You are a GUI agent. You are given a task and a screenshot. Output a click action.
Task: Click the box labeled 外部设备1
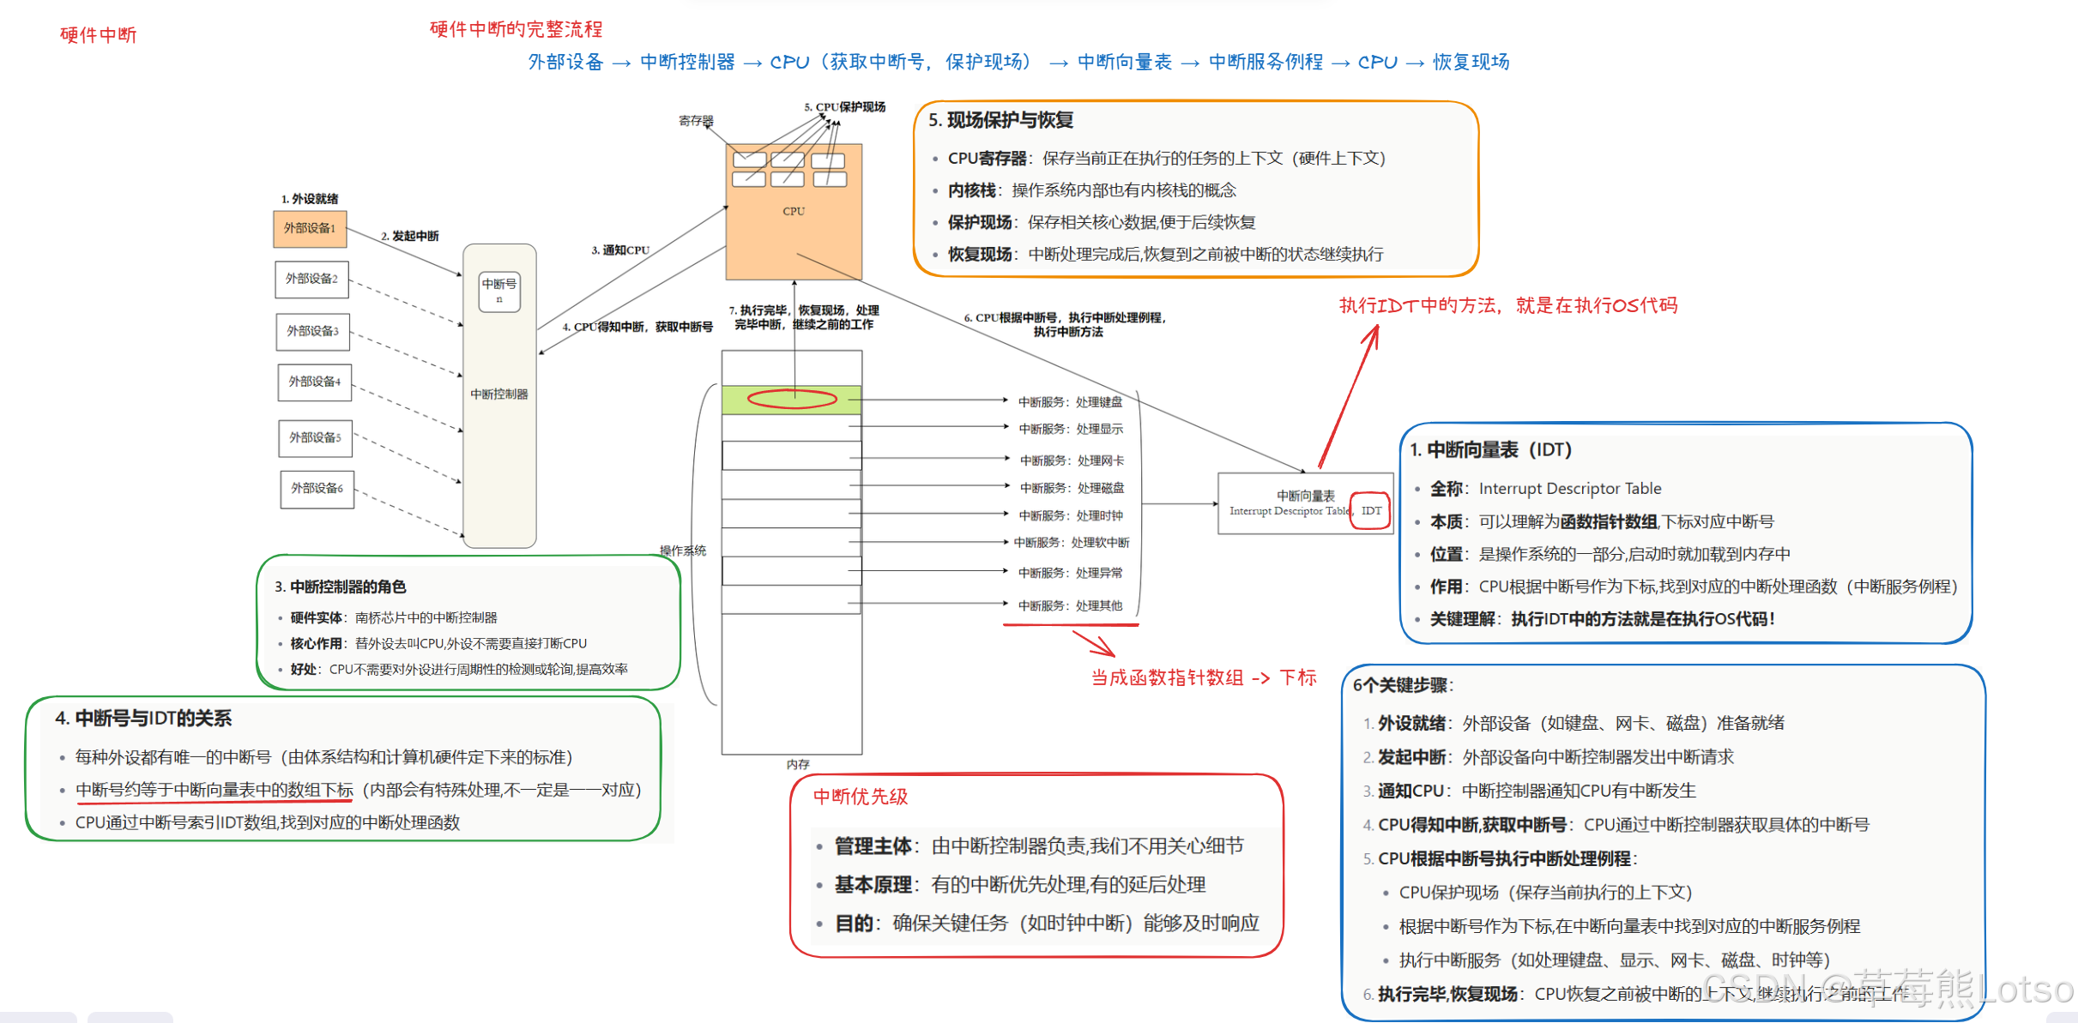[310, 228]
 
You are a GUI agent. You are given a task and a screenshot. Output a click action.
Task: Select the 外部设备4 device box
[314, 382]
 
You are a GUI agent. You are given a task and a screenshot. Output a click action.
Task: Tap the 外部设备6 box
[317, 488]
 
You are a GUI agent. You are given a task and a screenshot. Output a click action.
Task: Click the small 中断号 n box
[499, 291]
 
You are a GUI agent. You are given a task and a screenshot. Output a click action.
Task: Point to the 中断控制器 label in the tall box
[499, 394]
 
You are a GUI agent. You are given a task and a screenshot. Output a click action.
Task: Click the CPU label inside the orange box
[794, 211]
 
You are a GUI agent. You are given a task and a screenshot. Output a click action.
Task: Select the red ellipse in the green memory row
[792, 399]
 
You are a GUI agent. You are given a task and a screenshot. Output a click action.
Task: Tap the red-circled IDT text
[1371, 511]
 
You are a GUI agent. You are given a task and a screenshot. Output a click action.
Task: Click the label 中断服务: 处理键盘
[1070, 402]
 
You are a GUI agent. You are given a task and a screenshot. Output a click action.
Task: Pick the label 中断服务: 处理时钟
[1071, 515]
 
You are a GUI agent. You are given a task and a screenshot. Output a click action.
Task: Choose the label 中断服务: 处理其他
[1070, 605]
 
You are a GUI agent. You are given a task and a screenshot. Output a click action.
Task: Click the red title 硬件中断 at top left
[99, 35]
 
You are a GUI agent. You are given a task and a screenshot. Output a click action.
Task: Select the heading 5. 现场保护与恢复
[1001, 120]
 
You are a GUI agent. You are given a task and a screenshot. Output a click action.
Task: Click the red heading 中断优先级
[861, 797]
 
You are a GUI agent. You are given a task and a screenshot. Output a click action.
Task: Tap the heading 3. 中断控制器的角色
[341, 587]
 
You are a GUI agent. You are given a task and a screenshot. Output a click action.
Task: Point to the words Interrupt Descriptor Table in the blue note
[1570, 489]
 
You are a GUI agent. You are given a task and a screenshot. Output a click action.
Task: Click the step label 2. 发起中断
[410, 236]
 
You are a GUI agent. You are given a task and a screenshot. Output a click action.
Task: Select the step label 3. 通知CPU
[620, 250]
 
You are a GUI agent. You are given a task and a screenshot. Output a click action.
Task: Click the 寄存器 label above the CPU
[696, 121]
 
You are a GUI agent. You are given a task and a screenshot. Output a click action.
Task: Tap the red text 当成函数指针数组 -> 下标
[1204, 677]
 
